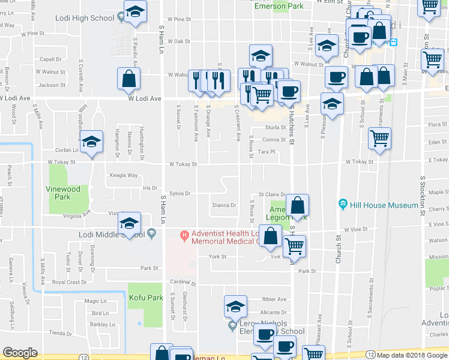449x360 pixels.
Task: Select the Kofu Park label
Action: [x=145, y=298]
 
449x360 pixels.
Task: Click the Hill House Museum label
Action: [x=385, y=205]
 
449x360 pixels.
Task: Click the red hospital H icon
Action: [x=185, y=235]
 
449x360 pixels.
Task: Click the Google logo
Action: [x=20, y=353]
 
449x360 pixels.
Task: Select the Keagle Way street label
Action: [x=124, y=176]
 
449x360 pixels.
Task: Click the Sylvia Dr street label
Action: [x=179, y=194]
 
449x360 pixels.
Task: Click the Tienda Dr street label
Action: [x=61, y=333]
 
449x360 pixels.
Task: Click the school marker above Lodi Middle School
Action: [x=129, y=223]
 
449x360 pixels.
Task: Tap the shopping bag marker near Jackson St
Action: [x=129, y=78]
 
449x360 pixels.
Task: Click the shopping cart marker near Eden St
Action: [x=379, y=138]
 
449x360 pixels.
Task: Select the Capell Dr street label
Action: [x=51, y=59]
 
